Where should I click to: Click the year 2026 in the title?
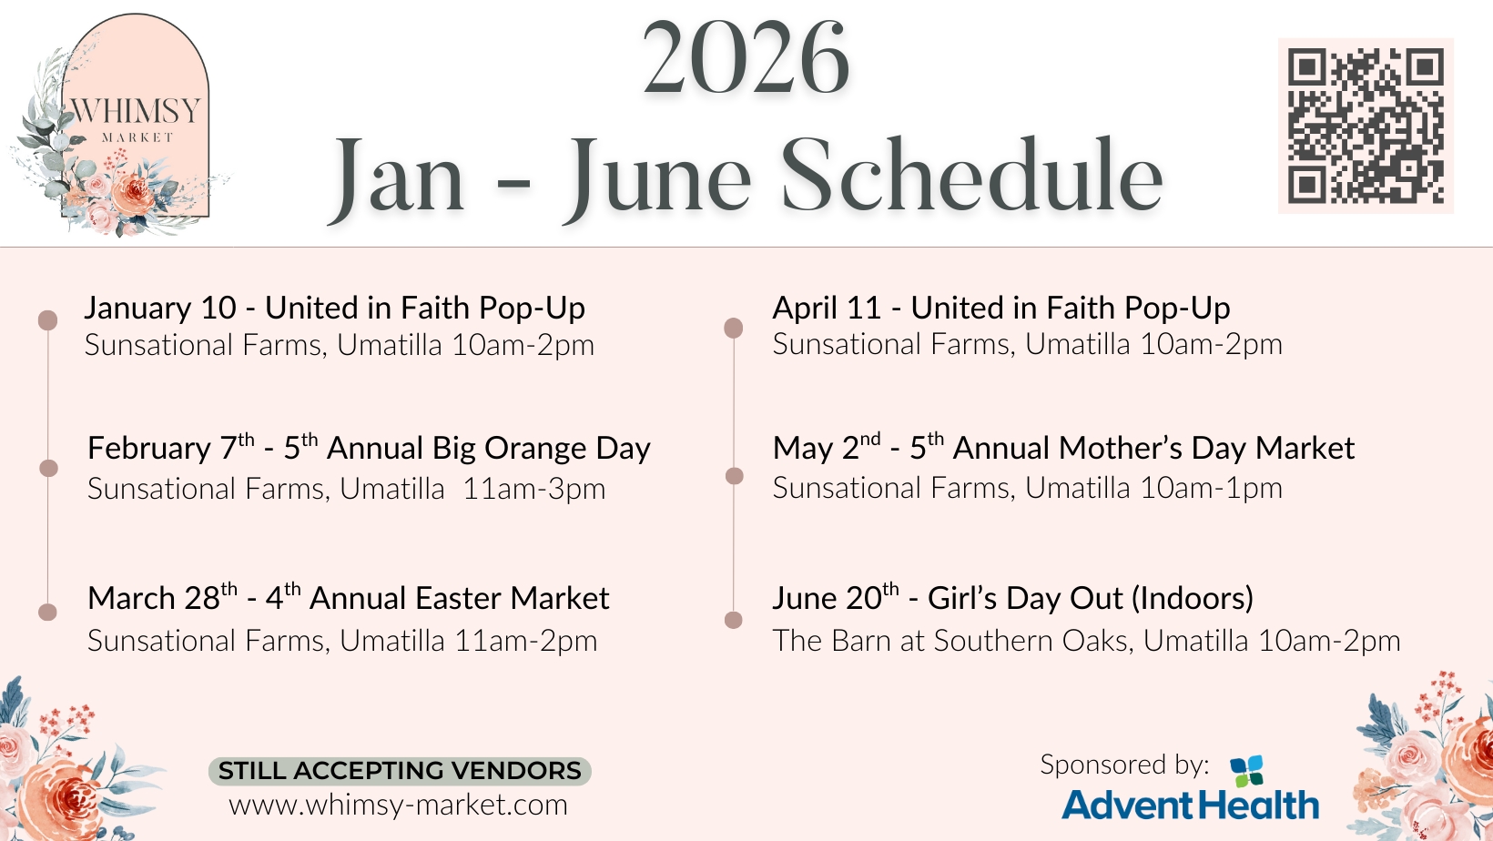(x=746, y=58)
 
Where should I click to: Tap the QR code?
(x=1366, y=126)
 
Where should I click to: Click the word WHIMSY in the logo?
(x=135, y=111)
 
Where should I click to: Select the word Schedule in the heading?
(x=972, y=175)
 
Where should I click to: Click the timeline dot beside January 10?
(x=48, y=319)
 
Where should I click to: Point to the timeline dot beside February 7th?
(x=48, y=468)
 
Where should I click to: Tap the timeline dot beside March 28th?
(x=48, y=612)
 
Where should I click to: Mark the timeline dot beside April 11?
(x=733, y=328)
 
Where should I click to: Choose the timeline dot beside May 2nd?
(x=734, y=476)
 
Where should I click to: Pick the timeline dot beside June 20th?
(x=733, y=620)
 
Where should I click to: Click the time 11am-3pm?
(x=533, y=489)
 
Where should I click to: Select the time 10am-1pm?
(x=1211, y=488)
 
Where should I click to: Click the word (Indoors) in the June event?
(x=1193, y=598)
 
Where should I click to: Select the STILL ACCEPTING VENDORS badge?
(x=400, y=771)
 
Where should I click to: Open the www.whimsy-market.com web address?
(x=398, y=805)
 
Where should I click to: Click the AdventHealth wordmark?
(x=1191, y=805)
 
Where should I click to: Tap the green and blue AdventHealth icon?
(x=1246, y=771)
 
